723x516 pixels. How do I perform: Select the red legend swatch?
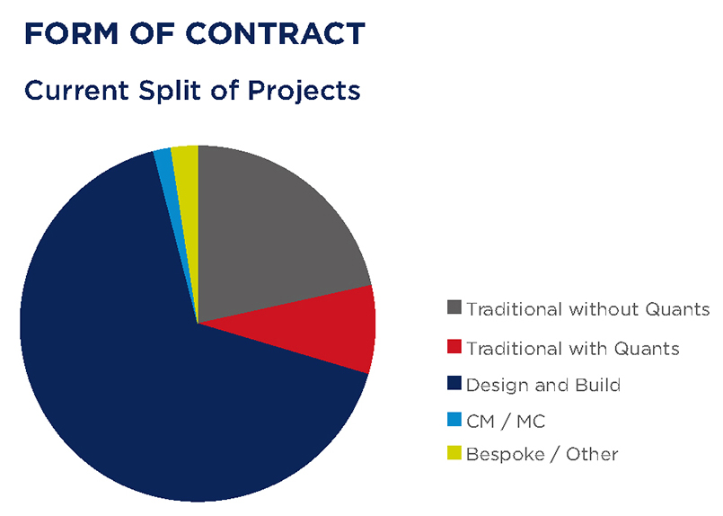[x=454, y=347]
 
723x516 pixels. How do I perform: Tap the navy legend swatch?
[x=454, y=385]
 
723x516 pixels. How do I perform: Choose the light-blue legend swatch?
[x=454, y=419]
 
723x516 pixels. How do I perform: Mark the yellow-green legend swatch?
[x=454, y=454]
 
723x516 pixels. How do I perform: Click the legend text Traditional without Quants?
[x=588, y=310]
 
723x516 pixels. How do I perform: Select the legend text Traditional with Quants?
[x=573, y=348]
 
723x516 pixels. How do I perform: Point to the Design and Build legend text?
[x=543, y=385]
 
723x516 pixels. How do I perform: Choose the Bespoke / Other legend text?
[x=542, y=454]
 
